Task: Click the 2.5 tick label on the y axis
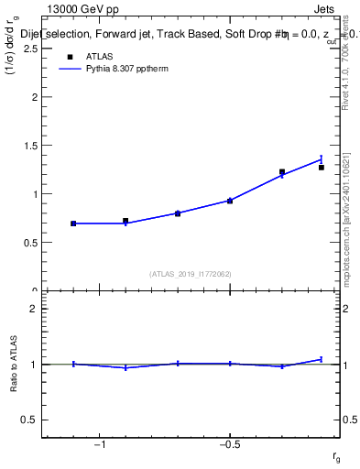click(30, 49)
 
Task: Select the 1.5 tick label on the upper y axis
click(30, 146)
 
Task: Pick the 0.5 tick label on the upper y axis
click(30, 243)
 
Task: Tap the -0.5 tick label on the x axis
click(230, 446)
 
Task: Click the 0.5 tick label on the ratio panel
click(30, 420)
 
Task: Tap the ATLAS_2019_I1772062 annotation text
click(191, 273)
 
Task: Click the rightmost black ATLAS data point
click(322, 168)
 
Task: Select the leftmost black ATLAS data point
click(73, 224)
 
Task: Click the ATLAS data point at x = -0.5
click(230, 201)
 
